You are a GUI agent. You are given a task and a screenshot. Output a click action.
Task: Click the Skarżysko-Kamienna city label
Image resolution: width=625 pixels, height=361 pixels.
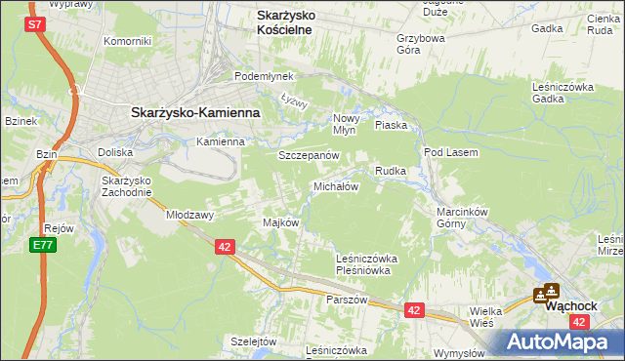(194, 112)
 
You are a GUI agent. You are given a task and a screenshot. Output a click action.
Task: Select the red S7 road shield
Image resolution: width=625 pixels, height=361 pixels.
(35, 23)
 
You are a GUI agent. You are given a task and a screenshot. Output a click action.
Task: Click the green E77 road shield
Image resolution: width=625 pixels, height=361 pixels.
(41, 244)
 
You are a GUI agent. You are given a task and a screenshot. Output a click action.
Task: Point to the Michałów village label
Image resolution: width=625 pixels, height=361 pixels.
(336, 185)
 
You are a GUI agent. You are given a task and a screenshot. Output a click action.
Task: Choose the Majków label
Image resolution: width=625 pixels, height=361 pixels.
(280, 222)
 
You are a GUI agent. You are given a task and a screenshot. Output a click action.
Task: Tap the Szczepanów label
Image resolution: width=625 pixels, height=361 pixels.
(308, 156)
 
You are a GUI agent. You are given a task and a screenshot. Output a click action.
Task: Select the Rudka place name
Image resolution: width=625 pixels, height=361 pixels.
(391, 171)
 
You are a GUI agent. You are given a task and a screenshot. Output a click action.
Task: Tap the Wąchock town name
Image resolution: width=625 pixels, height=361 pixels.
(570, 305)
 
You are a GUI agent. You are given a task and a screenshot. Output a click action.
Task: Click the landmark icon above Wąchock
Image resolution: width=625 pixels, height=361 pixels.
(546, 291)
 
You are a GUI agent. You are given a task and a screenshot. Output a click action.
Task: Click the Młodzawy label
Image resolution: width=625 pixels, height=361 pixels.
(189, 214)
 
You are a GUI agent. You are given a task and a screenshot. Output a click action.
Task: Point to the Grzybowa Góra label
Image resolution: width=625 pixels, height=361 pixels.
(421, 45)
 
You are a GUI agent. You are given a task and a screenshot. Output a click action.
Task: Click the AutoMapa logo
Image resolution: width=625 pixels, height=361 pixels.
(557, 342)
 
